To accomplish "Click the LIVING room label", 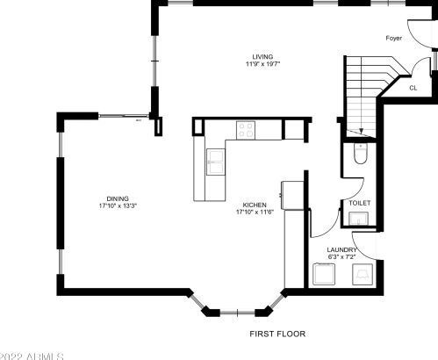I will pos(258,56).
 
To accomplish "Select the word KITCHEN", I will pos(255,204).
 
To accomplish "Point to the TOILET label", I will pos(360,203).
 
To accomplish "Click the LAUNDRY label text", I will pos(341,250).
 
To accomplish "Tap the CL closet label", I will pos(413,88).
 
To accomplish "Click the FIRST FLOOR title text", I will pos(277,335).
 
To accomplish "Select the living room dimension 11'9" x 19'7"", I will pos(258,64).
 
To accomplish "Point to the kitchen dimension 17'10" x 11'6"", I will pos(255,212).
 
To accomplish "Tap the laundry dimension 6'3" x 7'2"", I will pos(341,257).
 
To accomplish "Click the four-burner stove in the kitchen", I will pos(245,131).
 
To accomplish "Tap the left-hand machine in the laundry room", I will pos(326,276).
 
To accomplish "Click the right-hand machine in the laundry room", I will pos(361,276).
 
